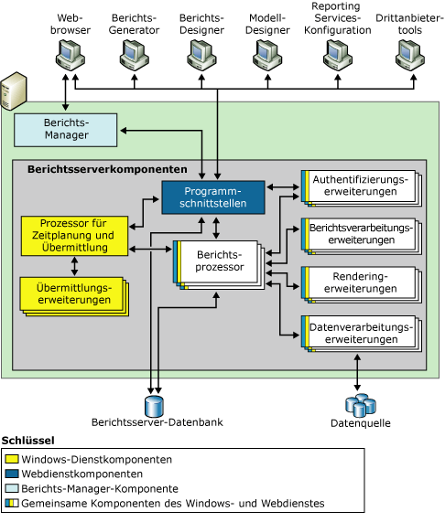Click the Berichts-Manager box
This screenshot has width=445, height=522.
pos(66,129)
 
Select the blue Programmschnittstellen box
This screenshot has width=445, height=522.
pos(212,196)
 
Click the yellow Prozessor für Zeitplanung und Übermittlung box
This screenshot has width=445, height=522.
pos(73,235)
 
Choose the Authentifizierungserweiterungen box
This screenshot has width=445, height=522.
pos(359,186)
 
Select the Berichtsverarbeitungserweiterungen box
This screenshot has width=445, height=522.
pos(359,233)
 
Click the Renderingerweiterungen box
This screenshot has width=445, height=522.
pos(359,281)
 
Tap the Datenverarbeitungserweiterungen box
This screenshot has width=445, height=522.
pos(359,331)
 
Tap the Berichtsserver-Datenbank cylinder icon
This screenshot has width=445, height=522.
pos(153,405)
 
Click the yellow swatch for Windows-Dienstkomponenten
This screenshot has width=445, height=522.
pos(12,459)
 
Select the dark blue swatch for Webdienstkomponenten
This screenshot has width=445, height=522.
pos(12,474)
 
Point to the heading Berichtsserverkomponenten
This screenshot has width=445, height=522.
pos(107,169)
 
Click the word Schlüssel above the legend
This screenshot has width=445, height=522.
pos(27,441)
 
